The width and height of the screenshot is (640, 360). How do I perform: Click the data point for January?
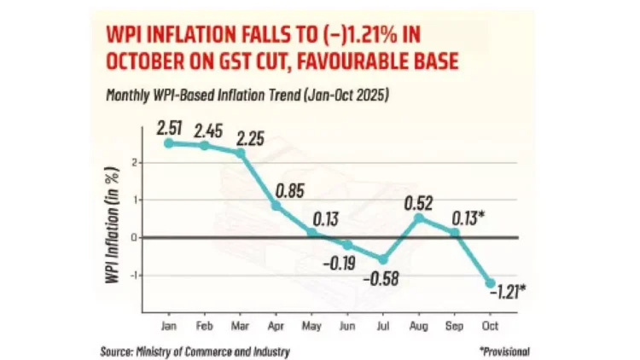coord(169,142)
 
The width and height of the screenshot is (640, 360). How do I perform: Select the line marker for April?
coord(276,206)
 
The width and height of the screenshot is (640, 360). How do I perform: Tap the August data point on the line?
coord(420,218)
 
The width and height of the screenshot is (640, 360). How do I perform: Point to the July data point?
coord(384,259)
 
